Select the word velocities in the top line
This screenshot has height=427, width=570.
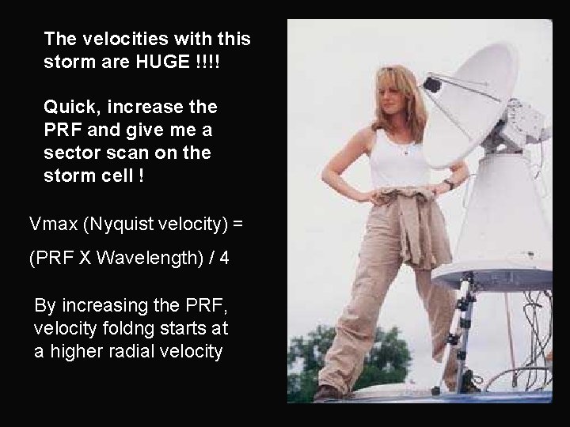[x=116, y=38]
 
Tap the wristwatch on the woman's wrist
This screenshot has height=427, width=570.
[x=448, y=184]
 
